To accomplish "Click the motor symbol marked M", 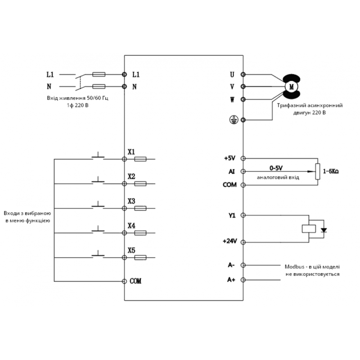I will (291, 85).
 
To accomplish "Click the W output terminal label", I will (232, 99).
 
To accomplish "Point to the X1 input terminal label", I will (131, 152).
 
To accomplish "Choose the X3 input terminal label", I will (131, 201).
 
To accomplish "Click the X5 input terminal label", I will (131, 250).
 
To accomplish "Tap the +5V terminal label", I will (229, 158).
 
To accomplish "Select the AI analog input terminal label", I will (231, 171).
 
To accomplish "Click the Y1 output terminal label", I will (232, 216).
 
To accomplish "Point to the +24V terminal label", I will (229, 241).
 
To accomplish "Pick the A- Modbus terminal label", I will (231, 265).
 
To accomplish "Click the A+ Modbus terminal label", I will (231, 280).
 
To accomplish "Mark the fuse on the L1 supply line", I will (99, 74).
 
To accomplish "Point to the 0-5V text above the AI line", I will (276, 168).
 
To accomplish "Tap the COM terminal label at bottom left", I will (135, 281).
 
